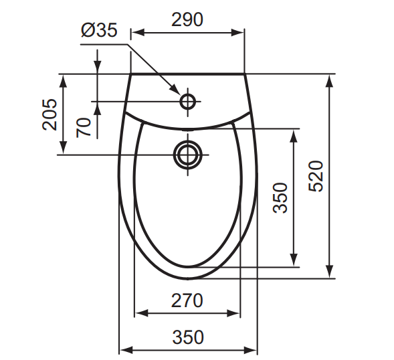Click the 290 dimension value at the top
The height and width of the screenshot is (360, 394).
coord(187,19)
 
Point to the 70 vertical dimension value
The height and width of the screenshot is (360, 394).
coord(83,126)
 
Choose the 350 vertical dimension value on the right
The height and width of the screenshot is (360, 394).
coord(280,198)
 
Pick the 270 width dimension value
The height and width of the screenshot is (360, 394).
coord(187,301)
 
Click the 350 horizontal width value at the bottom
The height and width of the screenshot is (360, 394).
coord(187,338)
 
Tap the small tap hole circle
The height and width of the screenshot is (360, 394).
coord(188,102)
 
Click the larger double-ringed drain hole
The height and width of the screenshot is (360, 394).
coord(188,154)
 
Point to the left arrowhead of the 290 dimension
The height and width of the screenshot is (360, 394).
coord(134,31)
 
